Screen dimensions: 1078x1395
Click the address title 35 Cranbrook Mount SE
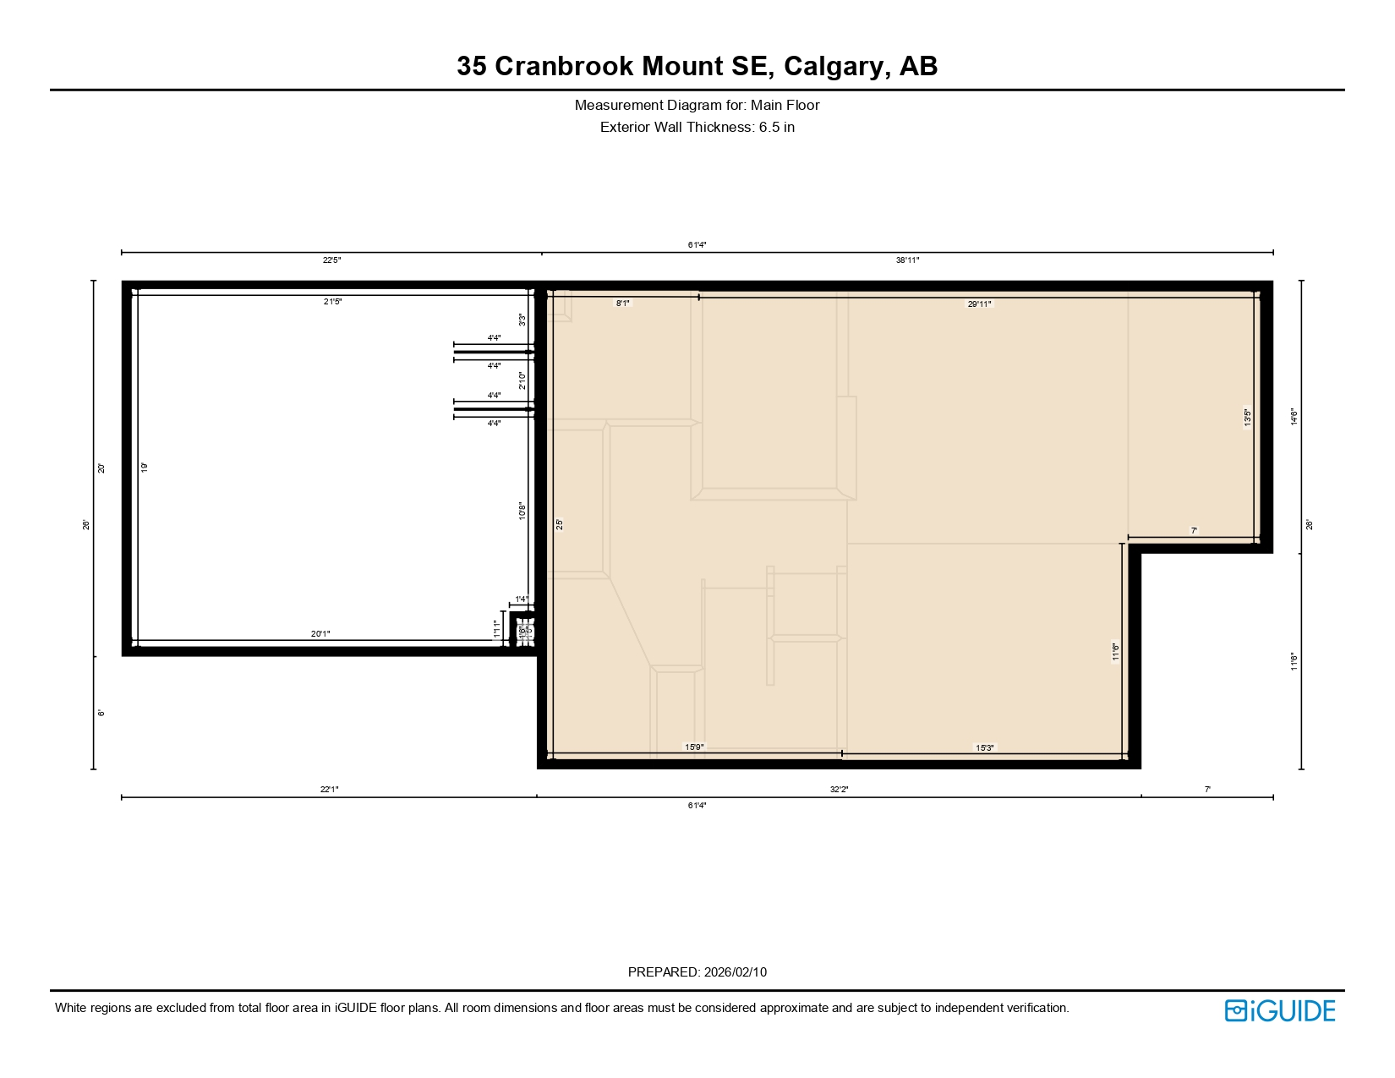697,66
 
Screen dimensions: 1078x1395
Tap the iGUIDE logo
1280,1010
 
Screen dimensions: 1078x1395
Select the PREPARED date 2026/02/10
735,972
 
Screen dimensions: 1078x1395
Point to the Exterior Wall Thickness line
697,128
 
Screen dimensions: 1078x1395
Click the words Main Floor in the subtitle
785,106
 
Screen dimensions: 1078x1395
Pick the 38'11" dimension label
907,260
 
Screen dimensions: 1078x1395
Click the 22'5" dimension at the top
332,260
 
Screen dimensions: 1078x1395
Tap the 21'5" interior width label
332,302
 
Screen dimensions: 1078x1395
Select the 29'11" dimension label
979,304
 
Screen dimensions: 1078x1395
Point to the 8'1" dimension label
622,303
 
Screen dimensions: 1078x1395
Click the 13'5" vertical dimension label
1248,418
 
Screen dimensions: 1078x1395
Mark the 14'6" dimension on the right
1294,417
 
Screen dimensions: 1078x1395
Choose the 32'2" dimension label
839,790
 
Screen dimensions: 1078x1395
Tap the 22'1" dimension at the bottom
329,790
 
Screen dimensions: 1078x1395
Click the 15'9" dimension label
694,747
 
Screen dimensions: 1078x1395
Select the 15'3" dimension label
985,747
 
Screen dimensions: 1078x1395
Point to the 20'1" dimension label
320,634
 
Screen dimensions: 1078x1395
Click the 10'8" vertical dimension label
522,512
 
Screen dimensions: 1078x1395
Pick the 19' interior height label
145,467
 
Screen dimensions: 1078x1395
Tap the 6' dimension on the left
101,713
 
